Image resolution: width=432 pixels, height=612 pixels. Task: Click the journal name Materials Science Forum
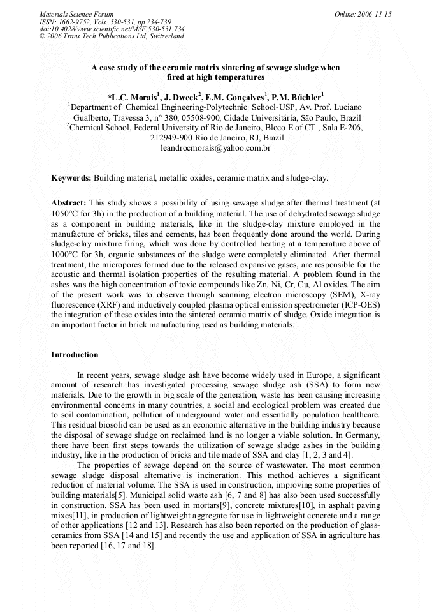[x=76, y=14]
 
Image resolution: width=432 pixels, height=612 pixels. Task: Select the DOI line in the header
[x=112, y=29]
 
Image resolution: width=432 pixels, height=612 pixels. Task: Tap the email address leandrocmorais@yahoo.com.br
[x=216, y=148]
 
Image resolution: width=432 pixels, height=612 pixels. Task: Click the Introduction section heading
[x=75, y=354]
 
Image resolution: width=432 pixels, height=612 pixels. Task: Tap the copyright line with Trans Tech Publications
[x=112, y=36]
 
